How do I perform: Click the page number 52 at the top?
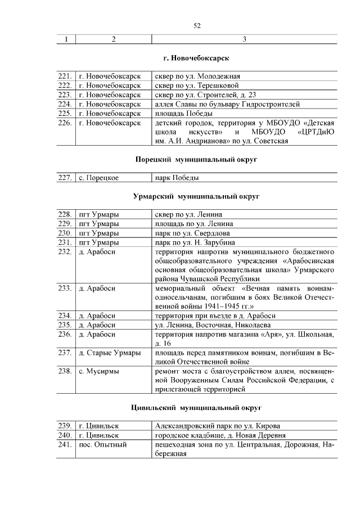[x=196, y=25]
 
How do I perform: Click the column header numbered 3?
[x=244, y=39]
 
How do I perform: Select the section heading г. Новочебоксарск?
[x=196, y=58]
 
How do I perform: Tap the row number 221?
[x=65, y=76]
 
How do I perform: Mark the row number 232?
[x=65, y=251]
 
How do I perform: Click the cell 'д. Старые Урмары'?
[x=110, y=353]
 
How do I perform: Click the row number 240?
[x=65, y=435]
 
